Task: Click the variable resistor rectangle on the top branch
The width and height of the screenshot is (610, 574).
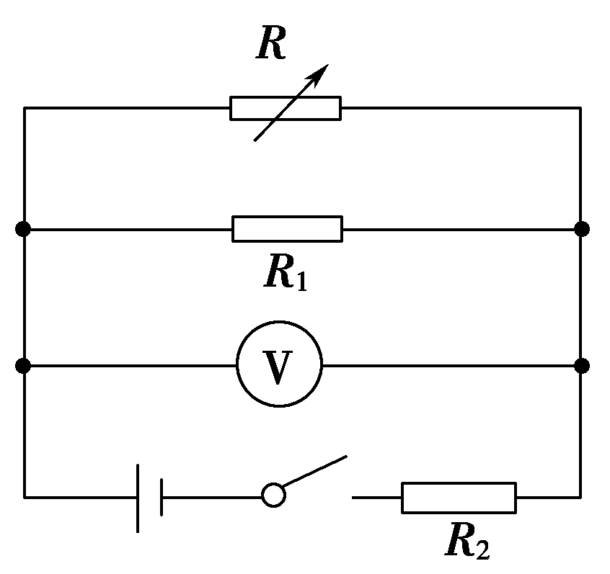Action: pos(286,108)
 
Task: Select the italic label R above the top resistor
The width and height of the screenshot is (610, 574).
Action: pos(271,45)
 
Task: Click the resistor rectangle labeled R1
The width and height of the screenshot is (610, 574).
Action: pos(287,229)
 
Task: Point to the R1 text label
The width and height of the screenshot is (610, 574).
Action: pos(286,272)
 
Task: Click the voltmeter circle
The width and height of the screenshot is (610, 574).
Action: pos(280,366)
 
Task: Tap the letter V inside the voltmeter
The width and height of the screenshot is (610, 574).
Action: pos(280,367)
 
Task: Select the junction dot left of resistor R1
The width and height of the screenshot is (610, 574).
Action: pos(24,229)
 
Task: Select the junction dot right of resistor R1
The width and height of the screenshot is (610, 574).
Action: pos(582,229)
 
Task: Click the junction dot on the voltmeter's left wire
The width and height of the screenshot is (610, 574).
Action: pos(24,366)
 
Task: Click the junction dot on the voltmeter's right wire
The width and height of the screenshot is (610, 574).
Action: pos(582,366)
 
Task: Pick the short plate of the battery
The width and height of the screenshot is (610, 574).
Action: pos(161,498)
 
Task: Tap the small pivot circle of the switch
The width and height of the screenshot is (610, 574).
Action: pos(273,496)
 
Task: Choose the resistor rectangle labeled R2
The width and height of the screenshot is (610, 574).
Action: pos(459,498)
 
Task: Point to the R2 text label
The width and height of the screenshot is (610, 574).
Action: pos(466,542)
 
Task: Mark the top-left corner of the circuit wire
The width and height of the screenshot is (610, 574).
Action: pos(25,108)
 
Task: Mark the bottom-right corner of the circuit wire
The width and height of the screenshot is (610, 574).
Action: pos(580,497)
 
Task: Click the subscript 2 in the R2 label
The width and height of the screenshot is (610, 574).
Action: pos(481,550)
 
